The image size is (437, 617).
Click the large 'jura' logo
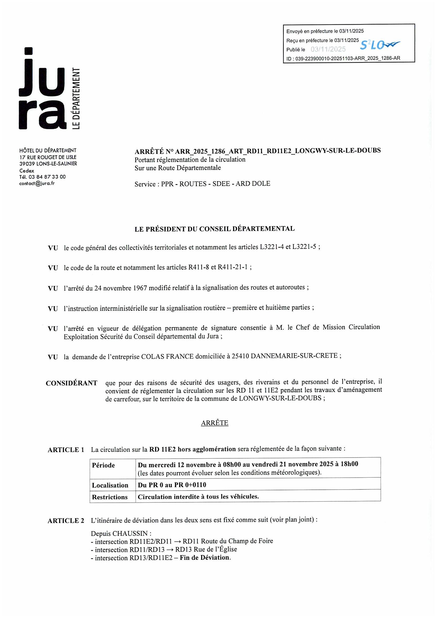click(43, 89)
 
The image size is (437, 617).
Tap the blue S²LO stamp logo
click(379, 45)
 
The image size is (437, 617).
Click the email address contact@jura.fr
click(37, 184)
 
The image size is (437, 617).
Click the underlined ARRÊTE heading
click(215, 423)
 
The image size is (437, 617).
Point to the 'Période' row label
click(103, 465)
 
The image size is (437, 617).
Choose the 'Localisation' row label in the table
click(110, 485)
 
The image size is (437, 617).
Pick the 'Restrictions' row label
click(110, 497)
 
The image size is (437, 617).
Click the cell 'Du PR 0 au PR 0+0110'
click(172, 485)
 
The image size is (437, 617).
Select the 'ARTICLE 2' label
click(66, 521)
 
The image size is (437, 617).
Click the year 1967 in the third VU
click(140, 288)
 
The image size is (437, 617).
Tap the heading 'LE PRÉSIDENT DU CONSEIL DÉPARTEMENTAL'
click(215, 229)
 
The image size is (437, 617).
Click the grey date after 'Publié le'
click(328, 49)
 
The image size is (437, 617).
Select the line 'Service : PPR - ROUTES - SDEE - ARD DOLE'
click(202, 184)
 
